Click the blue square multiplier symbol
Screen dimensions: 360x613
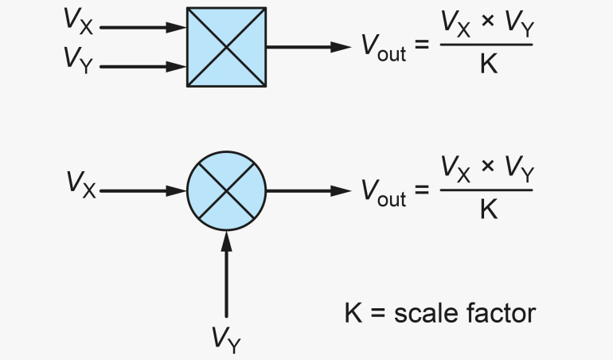coord(226,47)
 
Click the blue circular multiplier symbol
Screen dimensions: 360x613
coord(226,190)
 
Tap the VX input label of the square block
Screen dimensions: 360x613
coord(79,24)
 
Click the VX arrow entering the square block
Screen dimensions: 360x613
coord(143,28)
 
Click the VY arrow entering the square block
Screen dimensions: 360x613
coord(143,67)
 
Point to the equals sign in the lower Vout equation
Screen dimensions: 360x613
coord(422,191)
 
